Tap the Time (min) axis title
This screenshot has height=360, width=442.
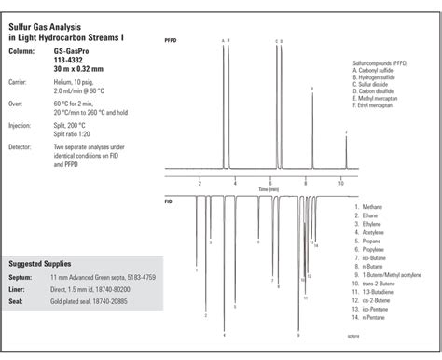[x=269, y=188]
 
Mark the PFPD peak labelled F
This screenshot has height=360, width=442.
[x=346, y=132]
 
